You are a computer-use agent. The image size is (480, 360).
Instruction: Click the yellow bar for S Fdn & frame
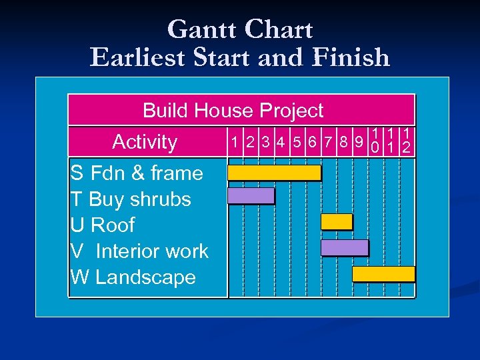(274, 173)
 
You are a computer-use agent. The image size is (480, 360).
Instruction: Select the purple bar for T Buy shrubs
(251, 195)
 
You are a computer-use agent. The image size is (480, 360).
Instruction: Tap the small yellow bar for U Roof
(337, 221)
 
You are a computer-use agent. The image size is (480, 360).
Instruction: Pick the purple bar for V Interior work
(344, 247)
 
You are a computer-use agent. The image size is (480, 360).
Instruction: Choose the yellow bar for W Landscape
(383, 273)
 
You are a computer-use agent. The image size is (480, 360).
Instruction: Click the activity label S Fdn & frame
(137, 173)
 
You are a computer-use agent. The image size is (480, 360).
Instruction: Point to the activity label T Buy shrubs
(131, 199)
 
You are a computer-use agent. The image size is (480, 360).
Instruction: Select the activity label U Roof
(103, 225)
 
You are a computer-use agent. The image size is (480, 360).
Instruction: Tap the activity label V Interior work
(139, 251)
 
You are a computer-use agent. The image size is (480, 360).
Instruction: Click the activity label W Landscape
(133, 277)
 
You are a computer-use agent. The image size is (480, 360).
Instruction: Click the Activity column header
(145, 142)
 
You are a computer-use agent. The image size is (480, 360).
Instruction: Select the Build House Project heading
(233, 110)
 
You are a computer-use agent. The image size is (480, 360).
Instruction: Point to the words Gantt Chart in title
(240, 29)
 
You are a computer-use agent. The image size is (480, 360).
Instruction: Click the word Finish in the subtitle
(352, 57)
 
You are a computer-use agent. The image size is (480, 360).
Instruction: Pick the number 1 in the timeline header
(234, 142)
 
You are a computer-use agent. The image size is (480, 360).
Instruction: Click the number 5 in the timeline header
(296, 142)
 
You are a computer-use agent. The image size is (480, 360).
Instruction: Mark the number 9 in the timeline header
(359, 142)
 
